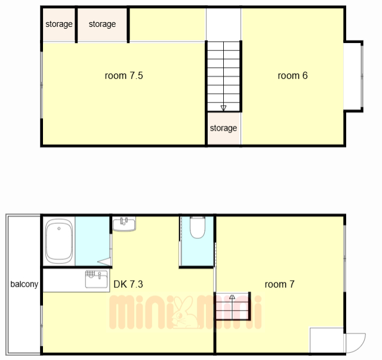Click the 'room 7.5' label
pos(124,76)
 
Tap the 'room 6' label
pos(292,76)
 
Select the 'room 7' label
pos(279,284)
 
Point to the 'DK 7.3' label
pos(128,284)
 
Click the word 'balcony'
pos(24,284)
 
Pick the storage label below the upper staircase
pos(223,128)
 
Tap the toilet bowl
pos(198,227)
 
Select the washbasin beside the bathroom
pos(124,224)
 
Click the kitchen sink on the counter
pos(96,279)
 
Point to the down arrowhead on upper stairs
pos(223,108)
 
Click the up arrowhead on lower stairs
pos(232,297)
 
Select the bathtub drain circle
pos(59,229)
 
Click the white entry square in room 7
pos(326,340)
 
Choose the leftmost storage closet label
pos(59,24)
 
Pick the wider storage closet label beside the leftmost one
pos(102,24)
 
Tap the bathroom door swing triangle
pos(104,261)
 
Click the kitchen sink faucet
pos(100,275)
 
